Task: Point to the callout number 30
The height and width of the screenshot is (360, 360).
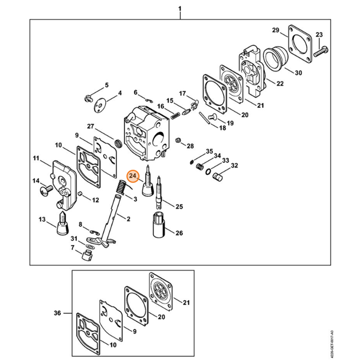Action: tap(299, 73)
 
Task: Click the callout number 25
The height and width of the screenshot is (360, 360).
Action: tap(179, 207)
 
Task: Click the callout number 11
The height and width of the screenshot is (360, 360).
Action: tap(36, 158)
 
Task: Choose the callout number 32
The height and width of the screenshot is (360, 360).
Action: tap(234, 166)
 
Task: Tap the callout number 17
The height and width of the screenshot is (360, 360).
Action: tap(182, 93)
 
